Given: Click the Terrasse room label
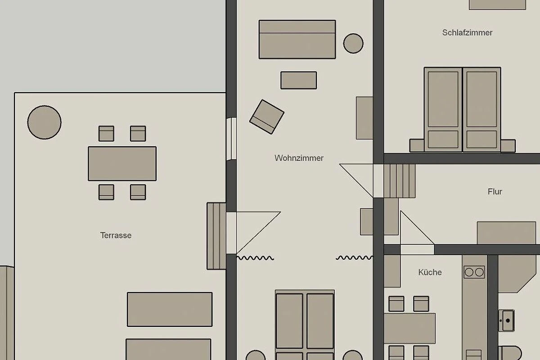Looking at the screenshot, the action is tap(116, 235).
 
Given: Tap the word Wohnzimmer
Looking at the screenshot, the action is tap(299, 158).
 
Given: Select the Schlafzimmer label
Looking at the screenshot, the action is tap(467, 32).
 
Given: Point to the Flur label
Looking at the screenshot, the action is tap(495, 192).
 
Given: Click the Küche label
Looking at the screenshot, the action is tap(430, 272).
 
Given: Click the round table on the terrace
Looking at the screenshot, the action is tap(45, 122).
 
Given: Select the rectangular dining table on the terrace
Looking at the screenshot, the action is tap(122, 164).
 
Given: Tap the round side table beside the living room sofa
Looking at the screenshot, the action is tap(353, 43).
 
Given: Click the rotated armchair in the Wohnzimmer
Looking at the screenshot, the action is tap(266, 117).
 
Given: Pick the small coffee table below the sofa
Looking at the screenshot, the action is tap(299, 80).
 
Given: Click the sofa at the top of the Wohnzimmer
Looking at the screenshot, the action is tap(297, 39).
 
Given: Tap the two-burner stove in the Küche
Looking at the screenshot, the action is tap(474, 272).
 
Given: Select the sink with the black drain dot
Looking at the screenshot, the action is tap(506, 321).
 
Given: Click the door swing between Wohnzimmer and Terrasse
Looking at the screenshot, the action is tap(258, 233).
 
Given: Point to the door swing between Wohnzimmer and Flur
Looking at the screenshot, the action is tap(356, 180).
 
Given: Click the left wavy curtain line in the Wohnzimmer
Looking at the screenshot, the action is tap(255, 258).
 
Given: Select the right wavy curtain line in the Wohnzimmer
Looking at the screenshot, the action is tap(355, 258).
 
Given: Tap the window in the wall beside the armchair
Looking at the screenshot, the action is tap(231, 139).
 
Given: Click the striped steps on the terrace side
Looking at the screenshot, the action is tap(216, 236).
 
